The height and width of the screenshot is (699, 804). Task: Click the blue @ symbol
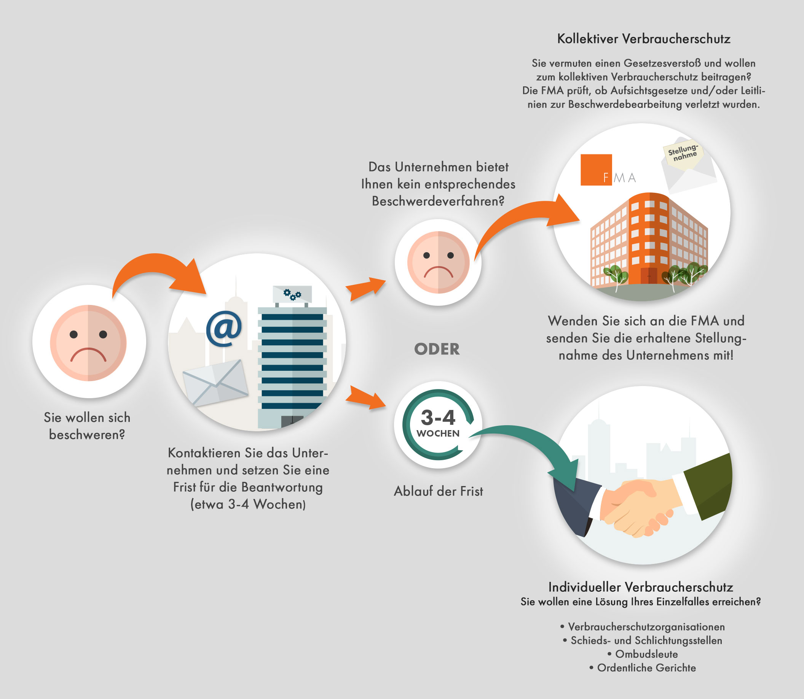point(224,329)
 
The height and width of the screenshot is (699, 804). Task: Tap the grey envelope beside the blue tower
point(215,383)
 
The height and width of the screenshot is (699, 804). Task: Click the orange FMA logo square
point(596,170)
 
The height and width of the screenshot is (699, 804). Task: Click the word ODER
point(437,349)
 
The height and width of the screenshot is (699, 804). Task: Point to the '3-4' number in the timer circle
point(438,418)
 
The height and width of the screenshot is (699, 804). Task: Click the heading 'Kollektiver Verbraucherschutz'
point(643,39)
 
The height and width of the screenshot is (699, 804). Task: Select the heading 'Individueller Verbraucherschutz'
point(640,587)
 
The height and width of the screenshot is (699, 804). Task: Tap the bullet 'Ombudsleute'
point(643,654)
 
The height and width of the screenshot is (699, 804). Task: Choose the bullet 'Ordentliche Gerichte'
point(643,668)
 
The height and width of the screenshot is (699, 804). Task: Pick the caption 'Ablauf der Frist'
point(439,491)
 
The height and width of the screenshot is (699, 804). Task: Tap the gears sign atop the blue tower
point(292,294)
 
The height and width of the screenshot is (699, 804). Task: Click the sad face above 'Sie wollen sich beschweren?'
point(88,343)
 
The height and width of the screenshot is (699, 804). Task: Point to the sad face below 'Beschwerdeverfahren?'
point(438,262)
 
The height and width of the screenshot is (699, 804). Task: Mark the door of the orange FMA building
point(649,276)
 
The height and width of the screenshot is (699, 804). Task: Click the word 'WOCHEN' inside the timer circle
point(438,434)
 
